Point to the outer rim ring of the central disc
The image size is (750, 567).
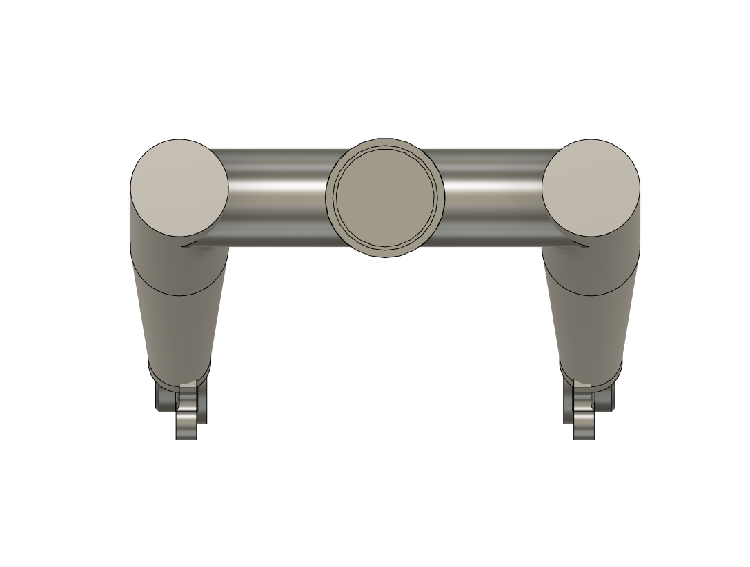click(330, 200)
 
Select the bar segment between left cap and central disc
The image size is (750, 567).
click(276, 197)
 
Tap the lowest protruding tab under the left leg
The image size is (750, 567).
click(186, 428)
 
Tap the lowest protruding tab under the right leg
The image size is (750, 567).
click(584, 428)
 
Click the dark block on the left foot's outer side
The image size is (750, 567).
click(164, 397)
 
